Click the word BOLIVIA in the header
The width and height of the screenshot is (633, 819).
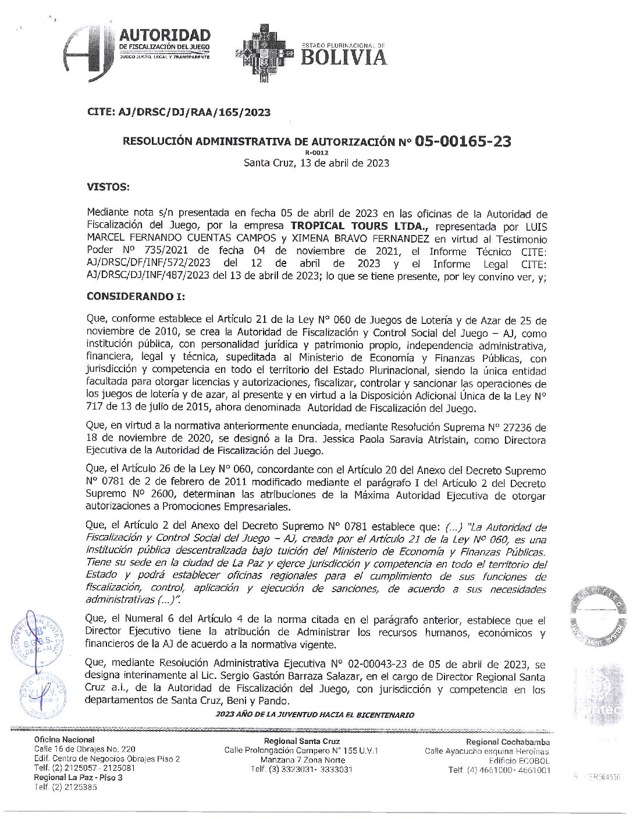pyautogui.click(x=343, y=57)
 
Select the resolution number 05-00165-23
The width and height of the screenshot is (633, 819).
pyautogui.click(x=463, y=141)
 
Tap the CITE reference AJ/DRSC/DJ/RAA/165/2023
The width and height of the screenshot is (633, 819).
pyautogui.click(x=178, y=112)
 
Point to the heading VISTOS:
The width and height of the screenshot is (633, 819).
pyautogui.click(x=107, y=188)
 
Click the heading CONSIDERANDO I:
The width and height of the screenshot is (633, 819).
pyautogui.click(x=136, y=295)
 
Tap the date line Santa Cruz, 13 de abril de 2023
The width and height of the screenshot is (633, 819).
pyautogui.click(x=316, y=163)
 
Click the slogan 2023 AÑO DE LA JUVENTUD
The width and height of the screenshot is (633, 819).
pyautogui.click(x=315, y=714)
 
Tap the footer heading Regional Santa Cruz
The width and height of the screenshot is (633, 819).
pyautogui.click(x=302, y=741)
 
